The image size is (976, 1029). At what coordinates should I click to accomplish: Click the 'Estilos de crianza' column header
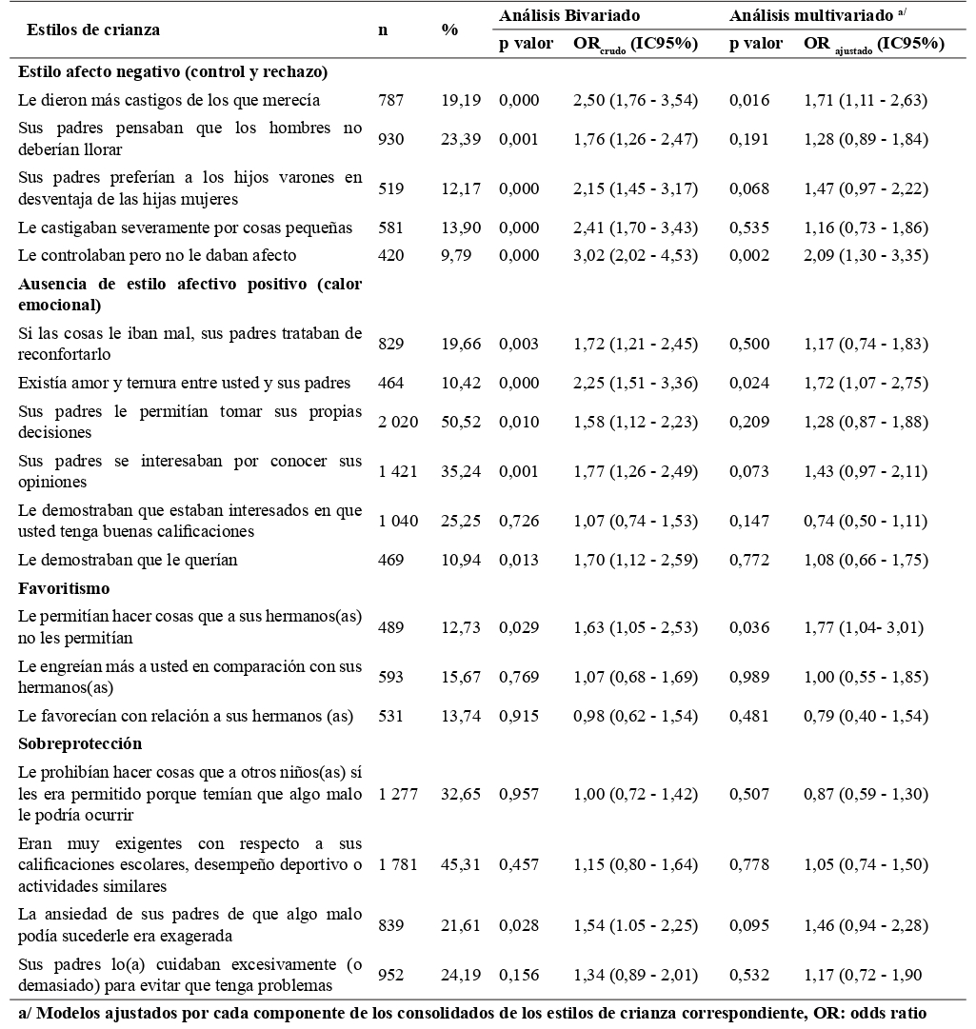93,30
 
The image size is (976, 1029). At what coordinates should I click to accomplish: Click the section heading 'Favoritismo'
64,588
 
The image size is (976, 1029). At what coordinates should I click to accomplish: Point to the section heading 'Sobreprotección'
79,742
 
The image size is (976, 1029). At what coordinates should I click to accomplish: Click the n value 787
390,100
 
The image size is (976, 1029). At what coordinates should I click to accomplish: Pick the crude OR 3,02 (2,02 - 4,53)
635,255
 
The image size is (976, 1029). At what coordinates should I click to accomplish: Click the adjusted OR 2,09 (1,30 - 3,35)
866,255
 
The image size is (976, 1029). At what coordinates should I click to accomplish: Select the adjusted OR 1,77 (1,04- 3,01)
864,627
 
